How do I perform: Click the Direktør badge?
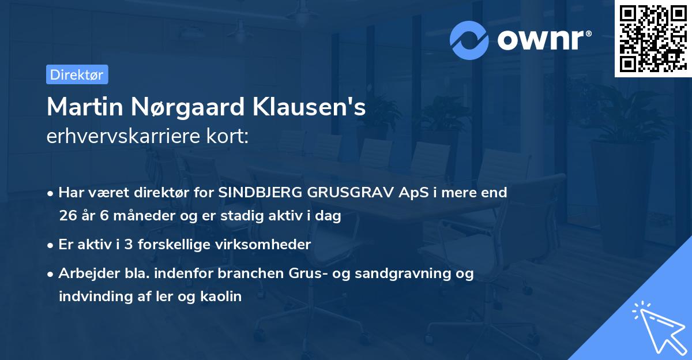[77, 74]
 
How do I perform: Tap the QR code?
[652, 39]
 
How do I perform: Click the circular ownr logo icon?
[469, 40]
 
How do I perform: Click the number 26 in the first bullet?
[67, 216]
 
